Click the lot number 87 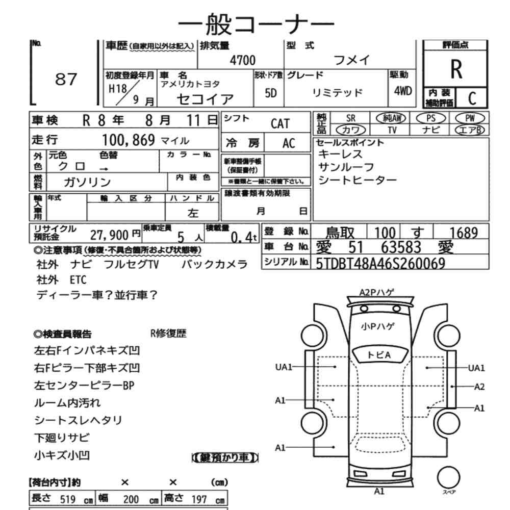[66, 79]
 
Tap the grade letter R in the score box [456, 69]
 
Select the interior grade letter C [472, 98]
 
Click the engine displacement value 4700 [243, 60]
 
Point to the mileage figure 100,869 [129, 140]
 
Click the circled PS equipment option [430, 118]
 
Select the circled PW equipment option [470, 118]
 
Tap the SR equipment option [351, 118]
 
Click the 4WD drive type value [403, 91]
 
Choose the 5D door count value [271, 93]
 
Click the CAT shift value [279, 123]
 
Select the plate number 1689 [464, 233]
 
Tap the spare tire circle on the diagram [448, 477]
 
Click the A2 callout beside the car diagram [479, 387]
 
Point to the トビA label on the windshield [379, 355]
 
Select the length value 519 [68, 499]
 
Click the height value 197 [199, 499]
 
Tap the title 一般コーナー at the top [256, 24]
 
